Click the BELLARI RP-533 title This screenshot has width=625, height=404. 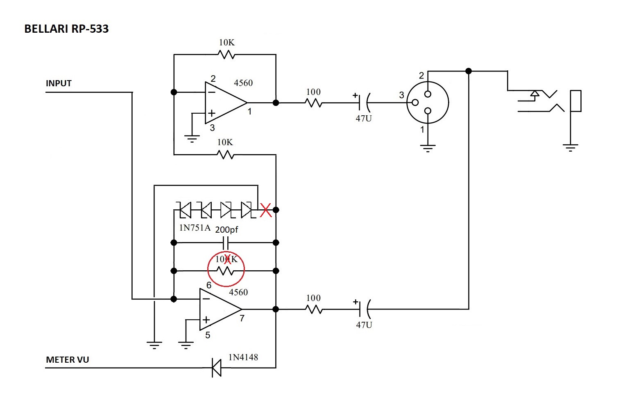[x=66, y=29]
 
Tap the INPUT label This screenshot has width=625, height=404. [x=59, y=83]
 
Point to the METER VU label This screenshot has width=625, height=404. [x=67, y=360]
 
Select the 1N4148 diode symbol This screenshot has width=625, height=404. [x=216, y=368]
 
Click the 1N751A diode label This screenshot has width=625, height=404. [x=195, y=228]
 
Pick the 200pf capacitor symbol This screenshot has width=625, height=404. [x=226, y=243]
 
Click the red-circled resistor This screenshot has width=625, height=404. [x=226, y=270]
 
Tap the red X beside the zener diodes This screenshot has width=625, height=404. [x=266, y=211]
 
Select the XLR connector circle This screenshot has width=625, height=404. [x=428, y=103]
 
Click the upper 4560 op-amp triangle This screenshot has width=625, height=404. [x=223, y=102]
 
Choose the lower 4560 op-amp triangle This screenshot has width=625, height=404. [x=218, y=310]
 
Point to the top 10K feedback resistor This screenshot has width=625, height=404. [x=226, y=54]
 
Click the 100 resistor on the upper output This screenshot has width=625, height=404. [x=314, y=103]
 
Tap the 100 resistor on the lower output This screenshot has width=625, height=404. [x=314, y=309]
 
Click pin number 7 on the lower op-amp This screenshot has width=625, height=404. [x=242, y=318]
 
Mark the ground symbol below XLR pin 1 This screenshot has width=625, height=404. [x=428, y=148]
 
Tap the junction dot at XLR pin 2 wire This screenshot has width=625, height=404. [x=469, y=71]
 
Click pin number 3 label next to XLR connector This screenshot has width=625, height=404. [x=401, y=95]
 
